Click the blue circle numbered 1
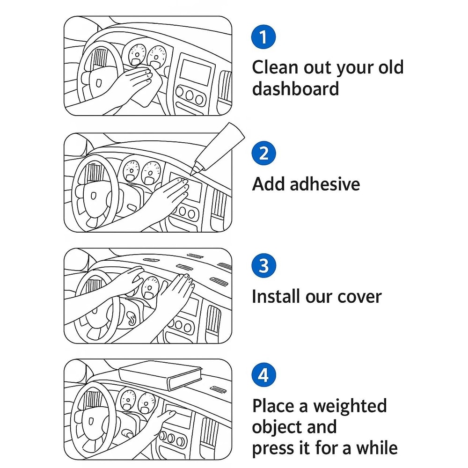tap(264, 37)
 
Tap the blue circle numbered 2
tap(264, 154)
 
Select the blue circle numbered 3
tap(264, 266)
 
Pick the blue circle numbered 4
tap(264, 375)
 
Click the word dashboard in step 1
tap(295, 88)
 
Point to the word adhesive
tap(325, 184)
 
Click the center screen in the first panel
tap(195, 72)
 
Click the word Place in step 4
tap(274, 406)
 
